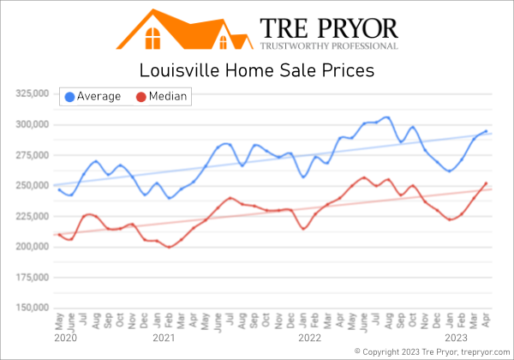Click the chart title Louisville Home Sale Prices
tap(257, 70)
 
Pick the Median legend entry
tap(164, 96)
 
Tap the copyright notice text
tap(432, 351)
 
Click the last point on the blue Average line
tap(487, 131)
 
